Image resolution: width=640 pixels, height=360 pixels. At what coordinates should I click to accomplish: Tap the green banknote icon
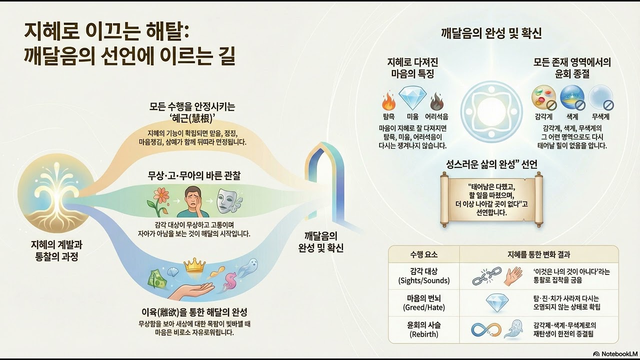[158, 278]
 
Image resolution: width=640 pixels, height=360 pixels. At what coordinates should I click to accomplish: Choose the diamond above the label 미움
[412, 98]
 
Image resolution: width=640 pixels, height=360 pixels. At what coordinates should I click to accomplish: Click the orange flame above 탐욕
[388, 102]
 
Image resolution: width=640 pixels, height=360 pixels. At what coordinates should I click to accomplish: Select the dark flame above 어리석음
[436, 101]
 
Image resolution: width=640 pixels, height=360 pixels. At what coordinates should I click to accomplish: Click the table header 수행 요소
[424, 254]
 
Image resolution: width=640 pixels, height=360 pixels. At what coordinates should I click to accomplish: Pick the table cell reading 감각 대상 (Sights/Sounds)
[424, 276]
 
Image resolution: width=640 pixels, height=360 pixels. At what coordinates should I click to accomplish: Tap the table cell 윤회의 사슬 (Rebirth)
[424, 329]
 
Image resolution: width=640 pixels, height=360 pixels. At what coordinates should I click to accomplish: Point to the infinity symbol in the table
[483, 329]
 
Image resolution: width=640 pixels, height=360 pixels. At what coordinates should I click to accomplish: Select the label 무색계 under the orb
[600, 116]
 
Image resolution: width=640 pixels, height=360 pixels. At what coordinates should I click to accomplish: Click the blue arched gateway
[323, 185]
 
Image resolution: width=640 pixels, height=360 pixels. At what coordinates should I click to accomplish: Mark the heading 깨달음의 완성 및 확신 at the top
[491, 34]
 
